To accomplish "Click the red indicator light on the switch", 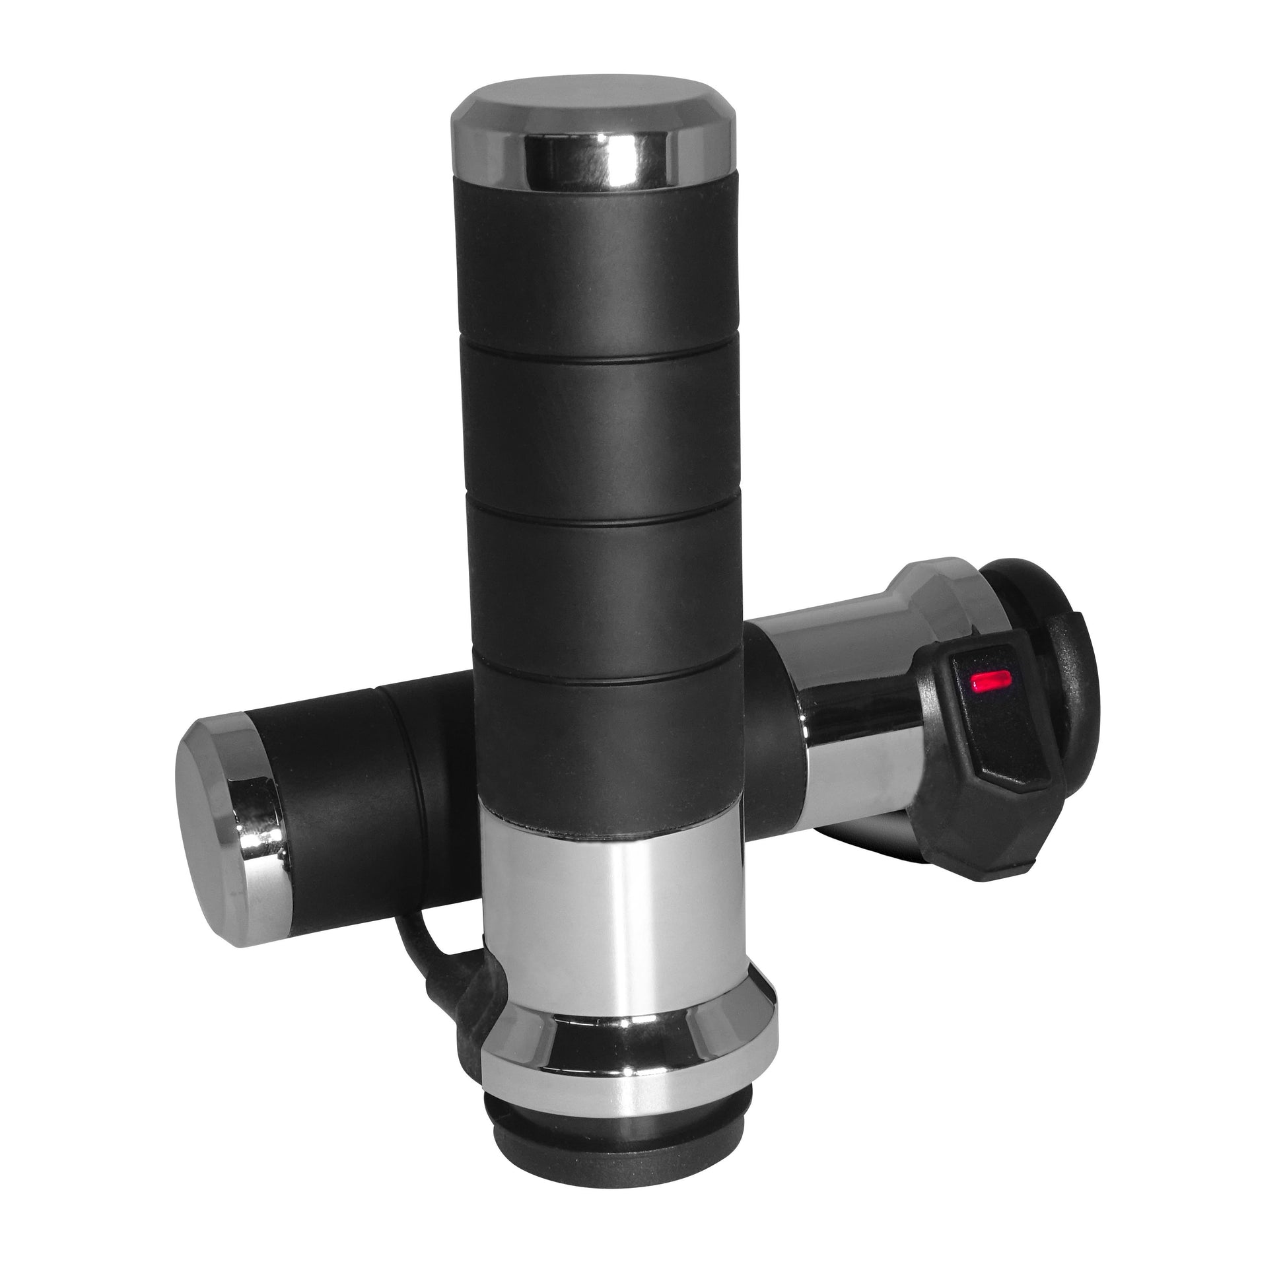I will pos(989,680).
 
